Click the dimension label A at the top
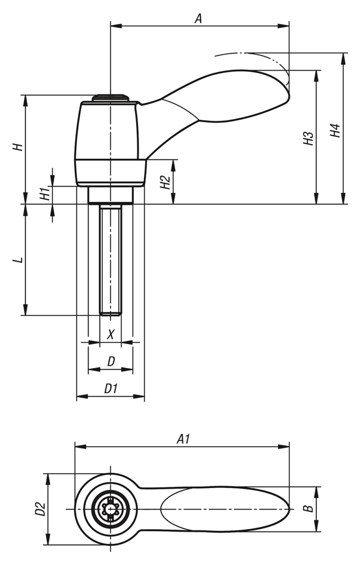point(198,18)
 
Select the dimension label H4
point(335,130)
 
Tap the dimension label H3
point(308,139)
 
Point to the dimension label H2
point(165,182)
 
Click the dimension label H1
point(44,194)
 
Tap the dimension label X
point(110,335)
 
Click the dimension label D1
point(110,388)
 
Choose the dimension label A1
point(182,439)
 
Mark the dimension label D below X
point(111,361)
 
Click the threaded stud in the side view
point(110,259)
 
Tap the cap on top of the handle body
point(110,98)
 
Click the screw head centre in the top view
point(110,509)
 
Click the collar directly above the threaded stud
point(110,195)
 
